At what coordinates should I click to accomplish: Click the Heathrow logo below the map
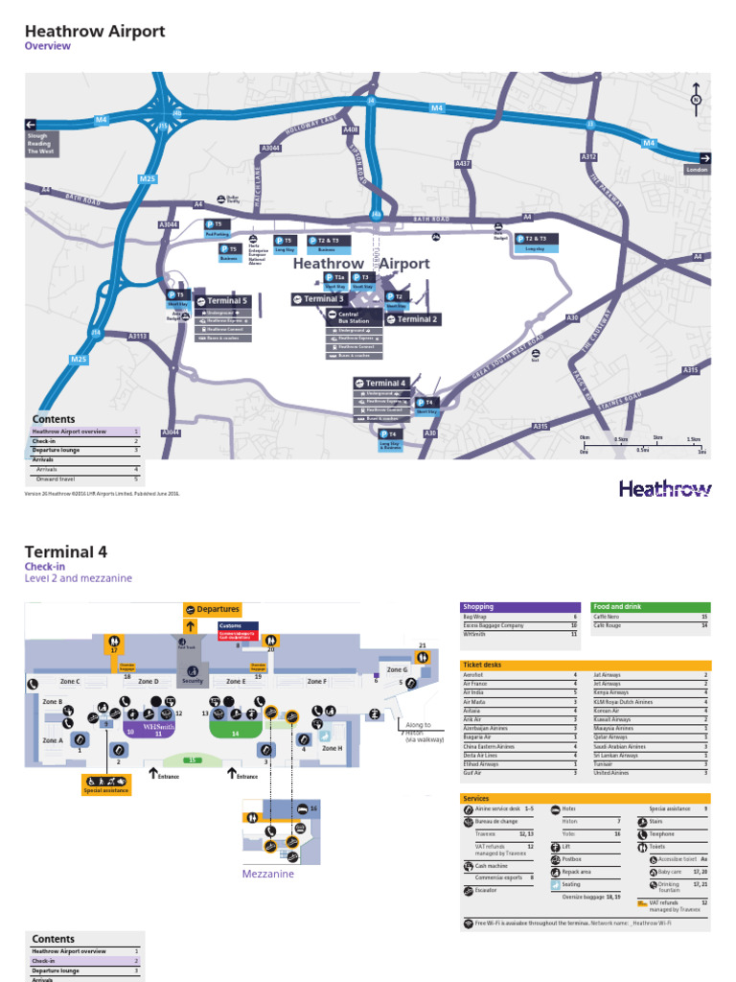click(x=665, y=489)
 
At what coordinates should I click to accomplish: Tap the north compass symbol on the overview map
click(x=697, y=98)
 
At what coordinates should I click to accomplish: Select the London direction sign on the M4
click(x=698, y=163)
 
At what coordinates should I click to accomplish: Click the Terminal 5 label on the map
click(x=224, y=301)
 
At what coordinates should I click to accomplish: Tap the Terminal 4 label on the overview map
click(x=382, y=383)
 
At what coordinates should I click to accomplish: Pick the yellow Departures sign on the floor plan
click(x=212, y=609)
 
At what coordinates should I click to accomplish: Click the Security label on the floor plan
click(x=192, y=681)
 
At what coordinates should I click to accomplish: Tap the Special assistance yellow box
click(x=105, y=784)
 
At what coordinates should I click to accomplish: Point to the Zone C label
click(x=70, y=681)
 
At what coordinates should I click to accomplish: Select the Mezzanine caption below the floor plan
click(x=267, y=874)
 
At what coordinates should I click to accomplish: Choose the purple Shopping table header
click(x=520, y=607)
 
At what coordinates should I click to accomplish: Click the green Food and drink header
click(x=651, y=607)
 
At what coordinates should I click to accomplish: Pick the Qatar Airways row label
click(x=610, y=738)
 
